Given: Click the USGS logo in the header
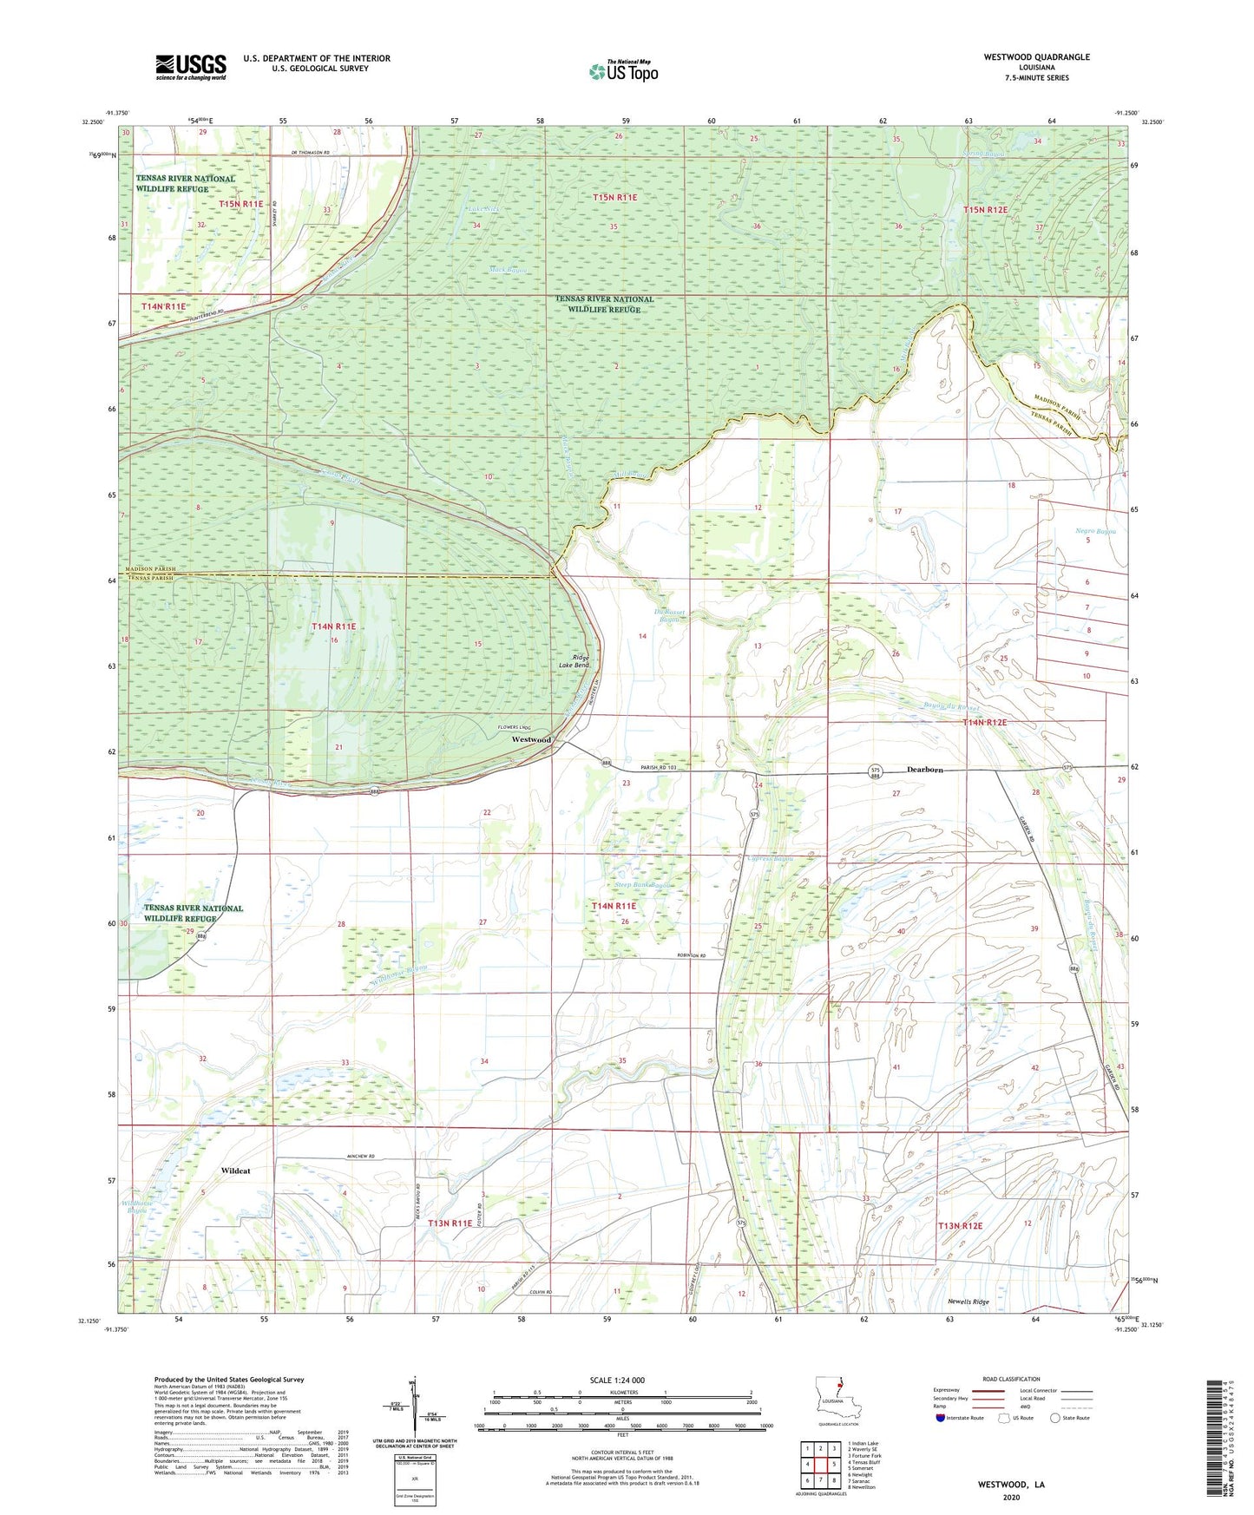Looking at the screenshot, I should (191, 67).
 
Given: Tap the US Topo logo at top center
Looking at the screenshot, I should (623, 71).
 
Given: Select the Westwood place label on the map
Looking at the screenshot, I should (531, 739).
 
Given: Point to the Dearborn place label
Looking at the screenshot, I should (924, 770).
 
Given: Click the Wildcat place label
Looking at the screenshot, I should (235, 1171).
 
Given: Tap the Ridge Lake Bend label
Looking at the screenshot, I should (580, 663).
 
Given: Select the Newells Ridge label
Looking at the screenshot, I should (968, 1302).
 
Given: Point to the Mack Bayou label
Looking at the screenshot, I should (508, 270).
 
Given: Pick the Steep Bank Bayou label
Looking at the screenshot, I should (642, 885).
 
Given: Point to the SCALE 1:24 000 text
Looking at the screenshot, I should (617, 1380).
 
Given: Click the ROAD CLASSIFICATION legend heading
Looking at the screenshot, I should (1011, 1379).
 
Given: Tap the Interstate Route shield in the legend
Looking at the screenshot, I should (941, 1418).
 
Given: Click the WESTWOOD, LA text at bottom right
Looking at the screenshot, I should (1011, 1485).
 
